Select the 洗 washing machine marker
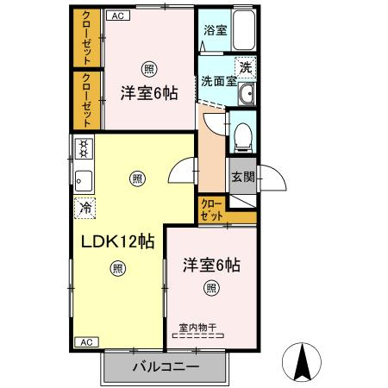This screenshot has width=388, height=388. pos(247,67)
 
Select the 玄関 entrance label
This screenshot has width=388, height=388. pos(242,178)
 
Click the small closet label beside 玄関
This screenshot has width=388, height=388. pos(211,210)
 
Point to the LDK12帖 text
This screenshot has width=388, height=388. pos(118,241)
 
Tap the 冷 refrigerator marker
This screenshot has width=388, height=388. pos(84,207)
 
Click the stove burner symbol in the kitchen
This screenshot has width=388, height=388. pos(84,149)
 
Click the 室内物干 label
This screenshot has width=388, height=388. pos(197,327)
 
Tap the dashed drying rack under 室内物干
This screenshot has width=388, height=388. pos(197,336)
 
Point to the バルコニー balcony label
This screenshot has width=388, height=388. pos(166,366)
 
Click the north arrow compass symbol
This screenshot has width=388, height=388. pos(303,362)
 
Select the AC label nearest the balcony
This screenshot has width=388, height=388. pos(85,342)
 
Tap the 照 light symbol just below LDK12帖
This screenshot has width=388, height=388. pos(117,268)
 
